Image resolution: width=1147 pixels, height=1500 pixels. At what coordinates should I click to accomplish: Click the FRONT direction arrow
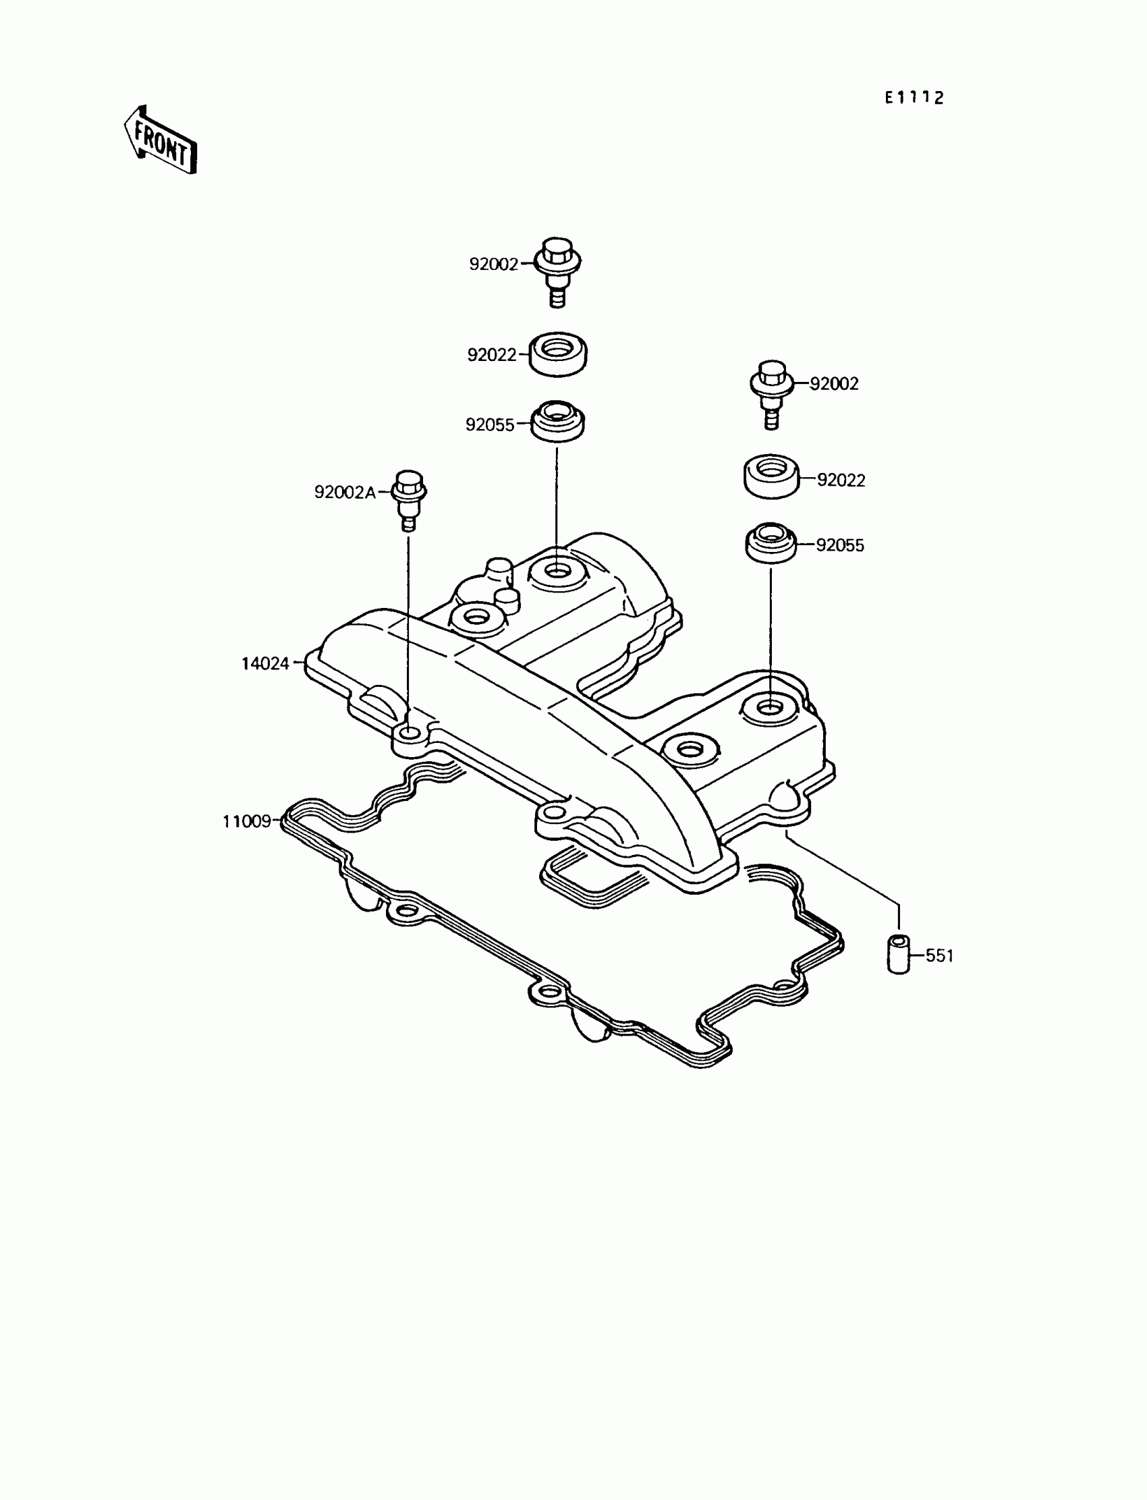coord(161,140)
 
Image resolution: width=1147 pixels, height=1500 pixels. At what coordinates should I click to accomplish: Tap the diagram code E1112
coord(914,99)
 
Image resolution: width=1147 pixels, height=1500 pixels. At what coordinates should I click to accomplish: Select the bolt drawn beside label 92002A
coord(408,500)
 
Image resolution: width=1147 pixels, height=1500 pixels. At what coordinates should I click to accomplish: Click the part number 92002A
coord(345,493)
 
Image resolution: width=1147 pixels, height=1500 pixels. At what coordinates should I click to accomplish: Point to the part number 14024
coord(265,664)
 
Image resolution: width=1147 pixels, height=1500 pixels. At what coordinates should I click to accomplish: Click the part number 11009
coord(247,821)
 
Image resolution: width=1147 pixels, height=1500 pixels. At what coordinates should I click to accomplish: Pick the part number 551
coord(939,956)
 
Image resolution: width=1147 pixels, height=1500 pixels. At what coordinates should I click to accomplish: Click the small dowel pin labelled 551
coord(899,955)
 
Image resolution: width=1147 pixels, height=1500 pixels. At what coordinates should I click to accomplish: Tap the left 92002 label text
coord(494,265)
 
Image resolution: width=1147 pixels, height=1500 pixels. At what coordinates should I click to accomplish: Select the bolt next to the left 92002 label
coord(558,271)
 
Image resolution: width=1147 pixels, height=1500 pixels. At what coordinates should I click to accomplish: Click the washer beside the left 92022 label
coord(558,354)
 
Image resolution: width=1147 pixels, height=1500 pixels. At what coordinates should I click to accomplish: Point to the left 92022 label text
coord(492,355)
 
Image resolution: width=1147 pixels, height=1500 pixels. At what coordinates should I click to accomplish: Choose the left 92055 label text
coord(490,424)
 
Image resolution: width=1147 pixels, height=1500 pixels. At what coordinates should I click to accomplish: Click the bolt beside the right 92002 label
coord(771,392)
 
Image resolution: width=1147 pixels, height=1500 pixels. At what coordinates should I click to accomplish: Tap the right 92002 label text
coord(834,384)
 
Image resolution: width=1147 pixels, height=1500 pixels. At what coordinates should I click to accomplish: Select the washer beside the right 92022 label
coord(771,476)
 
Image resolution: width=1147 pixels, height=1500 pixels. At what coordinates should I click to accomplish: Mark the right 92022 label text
coord(841,480)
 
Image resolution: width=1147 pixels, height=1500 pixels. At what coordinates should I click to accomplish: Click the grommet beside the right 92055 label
coord(770,543)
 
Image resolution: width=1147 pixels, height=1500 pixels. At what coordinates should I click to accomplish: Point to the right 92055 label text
coord(840,545)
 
